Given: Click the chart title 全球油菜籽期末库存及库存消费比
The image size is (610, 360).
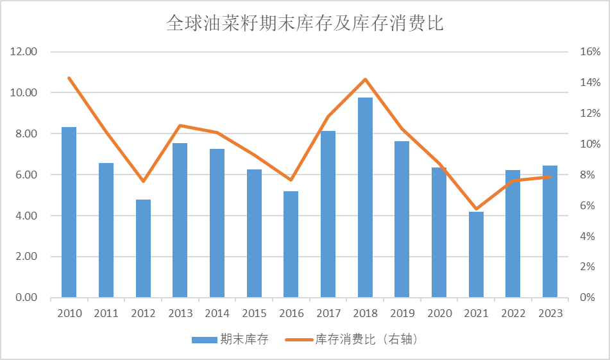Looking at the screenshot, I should tap(305, 24).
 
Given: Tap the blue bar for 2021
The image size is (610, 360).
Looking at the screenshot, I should tap(476, 255).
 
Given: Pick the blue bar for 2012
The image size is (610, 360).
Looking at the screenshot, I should tap(143, 248).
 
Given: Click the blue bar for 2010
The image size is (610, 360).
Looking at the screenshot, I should tap(69, 212).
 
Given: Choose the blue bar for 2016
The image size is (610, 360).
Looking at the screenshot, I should tap(291, 244).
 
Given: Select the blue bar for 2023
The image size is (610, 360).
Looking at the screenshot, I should tap(550, 232).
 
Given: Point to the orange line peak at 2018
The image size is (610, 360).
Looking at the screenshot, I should tap(365, 80).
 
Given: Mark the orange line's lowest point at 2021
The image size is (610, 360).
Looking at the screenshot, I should tap(476, 209).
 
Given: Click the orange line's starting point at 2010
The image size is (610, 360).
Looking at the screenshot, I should tap(69, 78).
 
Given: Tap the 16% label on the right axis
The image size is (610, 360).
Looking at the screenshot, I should tap(590, 52).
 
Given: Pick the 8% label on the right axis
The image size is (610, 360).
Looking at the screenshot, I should tap(590, 175).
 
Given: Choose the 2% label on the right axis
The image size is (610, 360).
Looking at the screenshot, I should tap(590, 267).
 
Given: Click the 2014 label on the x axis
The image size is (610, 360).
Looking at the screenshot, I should tap(217, 313).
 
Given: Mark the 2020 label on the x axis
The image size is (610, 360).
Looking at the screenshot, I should tap(439, 313).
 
